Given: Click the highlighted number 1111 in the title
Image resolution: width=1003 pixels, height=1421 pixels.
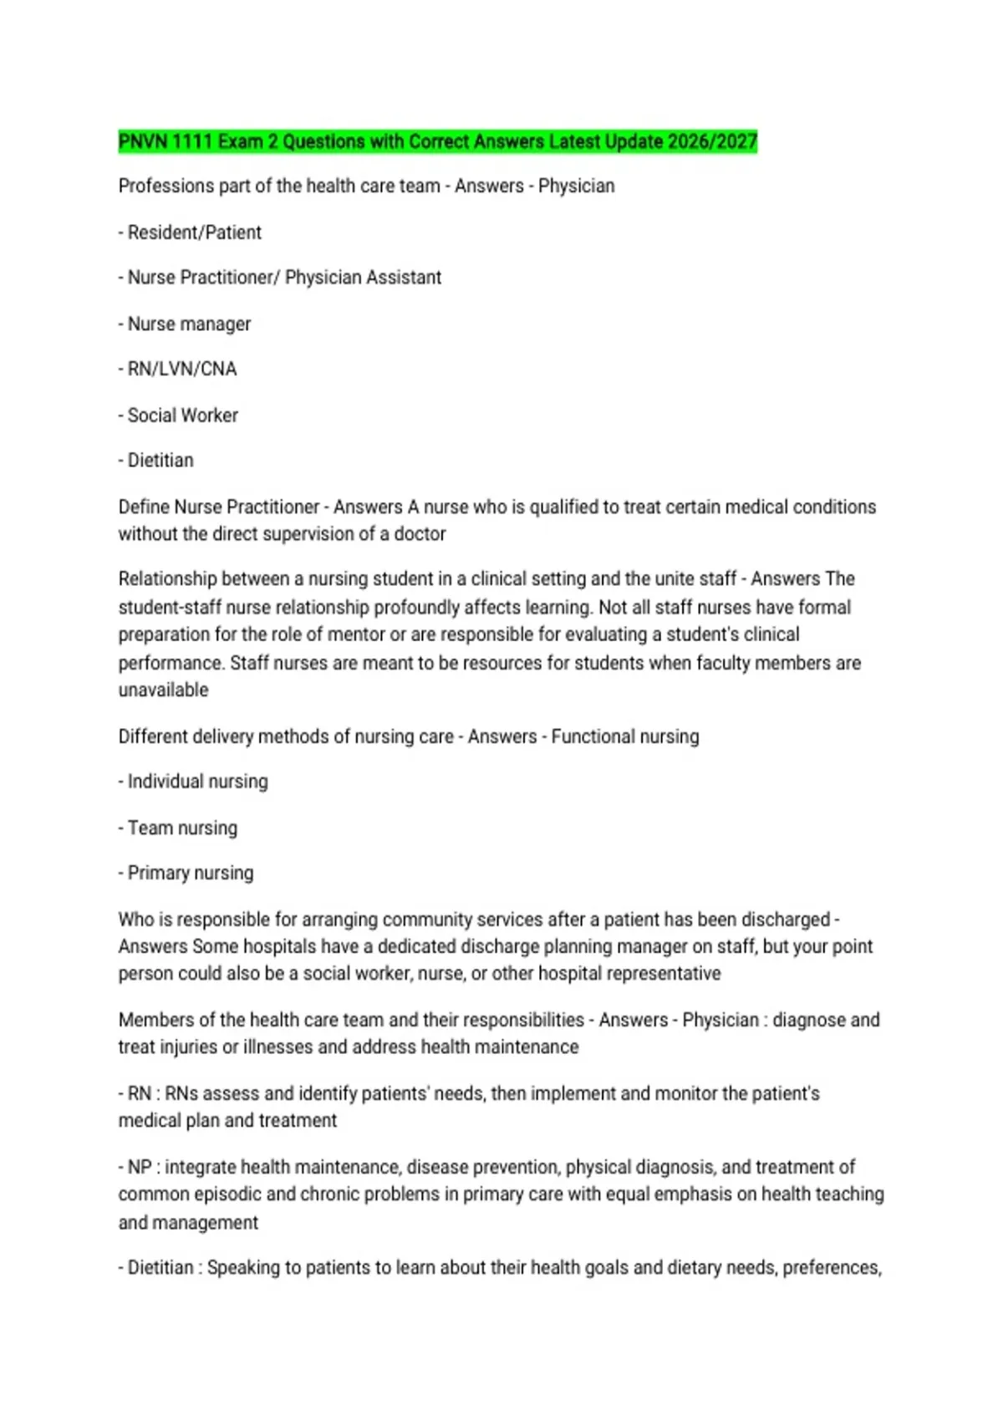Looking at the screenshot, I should coord(191,142).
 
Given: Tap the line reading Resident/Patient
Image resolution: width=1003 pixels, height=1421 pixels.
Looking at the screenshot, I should coord(194,232).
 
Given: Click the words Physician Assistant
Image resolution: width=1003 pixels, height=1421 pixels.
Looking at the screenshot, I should coord(363,278).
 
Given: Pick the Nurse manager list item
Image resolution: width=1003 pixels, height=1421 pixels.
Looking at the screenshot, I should coord(189,323).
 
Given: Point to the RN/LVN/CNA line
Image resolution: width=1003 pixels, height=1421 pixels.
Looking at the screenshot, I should coord(181,369).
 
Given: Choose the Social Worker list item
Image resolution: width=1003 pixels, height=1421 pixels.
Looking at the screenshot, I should coord(182,415).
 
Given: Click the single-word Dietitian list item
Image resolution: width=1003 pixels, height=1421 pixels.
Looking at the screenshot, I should coord(160,461).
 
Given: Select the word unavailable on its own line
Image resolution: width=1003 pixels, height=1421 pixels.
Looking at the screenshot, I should coord(163,690).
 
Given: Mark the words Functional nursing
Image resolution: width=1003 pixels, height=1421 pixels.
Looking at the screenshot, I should coord(624,736).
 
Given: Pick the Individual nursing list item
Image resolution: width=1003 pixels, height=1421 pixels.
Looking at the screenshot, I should coord(197,782).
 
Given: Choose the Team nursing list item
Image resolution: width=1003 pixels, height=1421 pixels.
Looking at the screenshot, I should coord(182,828).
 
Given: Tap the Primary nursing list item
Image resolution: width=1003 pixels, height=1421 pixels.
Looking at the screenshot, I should coord(190,873).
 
